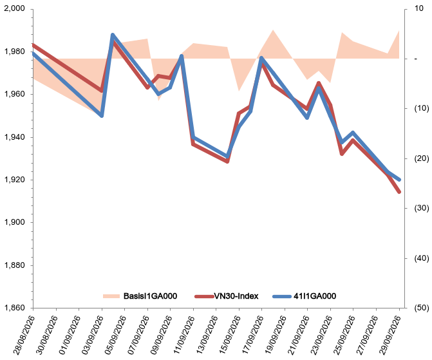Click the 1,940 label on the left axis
tap(14, 137)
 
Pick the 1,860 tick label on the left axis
tap(14, 308)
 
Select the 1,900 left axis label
tap(14, 222)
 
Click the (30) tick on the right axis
tap(422, 208)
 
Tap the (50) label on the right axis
tap(422, 308)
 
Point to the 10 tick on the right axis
tap(418, 8)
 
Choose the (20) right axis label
tap(422, 158)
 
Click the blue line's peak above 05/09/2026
tap(113, 35)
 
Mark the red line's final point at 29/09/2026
tap(399, 192)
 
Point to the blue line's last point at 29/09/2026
tap(399, 180)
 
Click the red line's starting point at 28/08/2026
tap(33, 45)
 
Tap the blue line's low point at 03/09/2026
tap(101, 115)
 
